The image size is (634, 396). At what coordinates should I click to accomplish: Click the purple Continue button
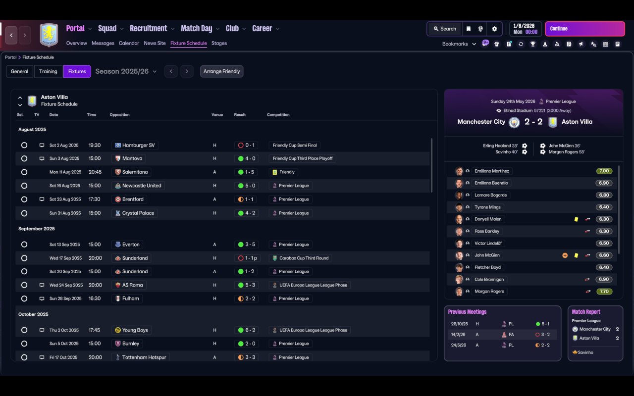tap(584, 29)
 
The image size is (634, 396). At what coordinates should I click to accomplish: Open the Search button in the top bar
tap(444, 29)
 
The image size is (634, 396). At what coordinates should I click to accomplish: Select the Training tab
tap(48, 71)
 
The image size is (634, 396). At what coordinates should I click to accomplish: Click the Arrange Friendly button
tap(221, 71)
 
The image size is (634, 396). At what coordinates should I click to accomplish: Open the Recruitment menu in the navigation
tap(149, 28)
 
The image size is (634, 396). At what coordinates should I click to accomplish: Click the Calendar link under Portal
tap(129, 43)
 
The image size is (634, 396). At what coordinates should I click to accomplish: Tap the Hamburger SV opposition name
tap(138, 146)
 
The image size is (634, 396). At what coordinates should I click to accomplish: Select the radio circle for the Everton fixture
tap(24, 245)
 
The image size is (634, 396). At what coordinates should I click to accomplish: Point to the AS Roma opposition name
tap(132, 285)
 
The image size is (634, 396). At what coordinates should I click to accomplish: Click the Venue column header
tap(217, 115)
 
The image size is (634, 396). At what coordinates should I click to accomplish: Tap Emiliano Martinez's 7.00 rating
tap(604, 171)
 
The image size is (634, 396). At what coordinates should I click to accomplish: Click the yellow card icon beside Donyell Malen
tap(576, 219)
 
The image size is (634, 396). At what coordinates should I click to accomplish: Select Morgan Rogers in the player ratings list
tap(489, 292)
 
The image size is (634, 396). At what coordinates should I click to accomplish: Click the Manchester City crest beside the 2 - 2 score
tap(514, 122)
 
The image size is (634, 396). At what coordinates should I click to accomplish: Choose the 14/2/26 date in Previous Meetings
tap(458, 335)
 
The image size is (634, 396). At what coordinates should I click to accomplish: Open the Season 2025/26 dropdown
tap(126, 71)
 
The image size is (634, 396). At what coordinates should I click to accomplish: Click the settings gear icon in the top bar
tap(494, 29)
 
